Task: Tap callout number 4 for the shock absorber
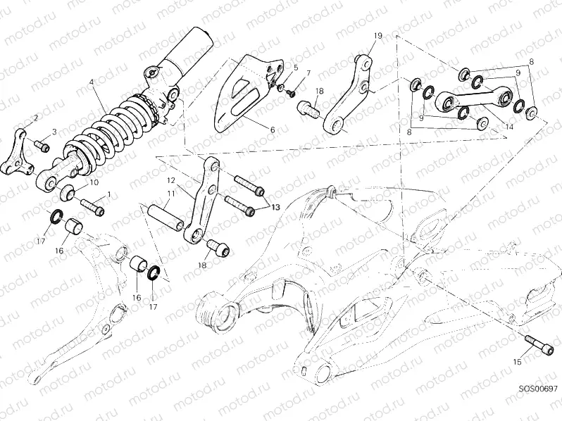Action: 92,82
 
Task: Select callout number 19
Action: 377,36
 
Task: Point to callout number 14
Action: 509,127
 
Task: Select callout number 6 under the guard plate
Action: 273,130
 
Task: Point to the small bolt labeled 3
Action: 42,146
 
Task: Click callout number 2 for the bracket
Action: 36,118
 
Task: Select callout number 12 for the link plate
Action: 171,181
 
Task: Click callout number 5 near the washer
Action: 296,68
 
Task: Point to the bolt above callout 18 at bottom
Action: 218,248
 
